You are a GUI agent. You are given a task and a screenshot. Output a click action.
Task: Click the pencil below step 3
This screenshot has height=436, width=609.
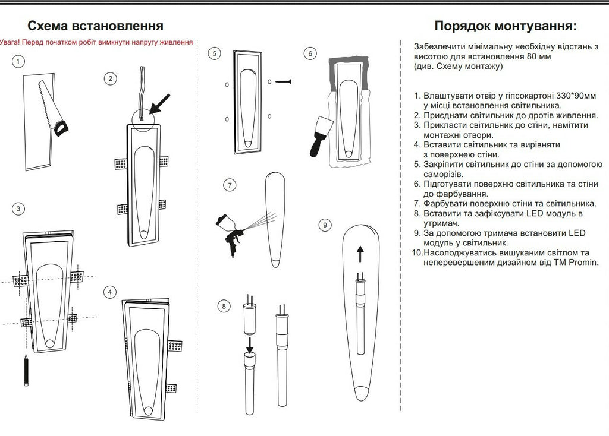pos(26,369)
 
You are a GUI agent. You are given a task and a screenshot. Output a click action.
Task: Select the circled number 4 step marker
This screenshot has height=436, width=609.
pos(109,292)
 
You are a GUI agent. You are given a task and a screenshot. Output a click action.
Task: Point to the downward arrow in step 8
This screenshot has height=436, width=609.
pos(250,343)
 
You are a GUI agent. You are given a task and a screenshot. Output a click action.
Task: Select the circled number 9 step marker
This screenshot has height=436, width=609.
pos(324,225)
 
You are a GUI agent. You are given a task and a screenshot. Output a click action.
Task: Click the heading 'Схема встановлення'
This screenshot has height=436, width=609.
pos(96,26)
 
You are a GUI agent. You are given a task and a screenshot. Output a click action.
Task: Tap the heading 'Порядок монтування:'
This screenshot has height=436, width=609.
pos(505,26)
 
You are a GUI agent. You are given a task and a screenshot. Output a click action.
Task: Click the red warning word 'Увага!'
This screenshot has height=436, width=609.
pos(10,43)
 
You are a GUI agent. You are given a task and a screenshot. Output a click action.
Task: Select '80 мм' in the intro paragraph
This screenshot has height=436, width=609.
pos(539,56)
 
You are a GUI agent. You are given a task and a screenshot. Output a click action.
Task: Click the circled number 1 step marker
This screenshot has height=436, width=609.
pos(18,61)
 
